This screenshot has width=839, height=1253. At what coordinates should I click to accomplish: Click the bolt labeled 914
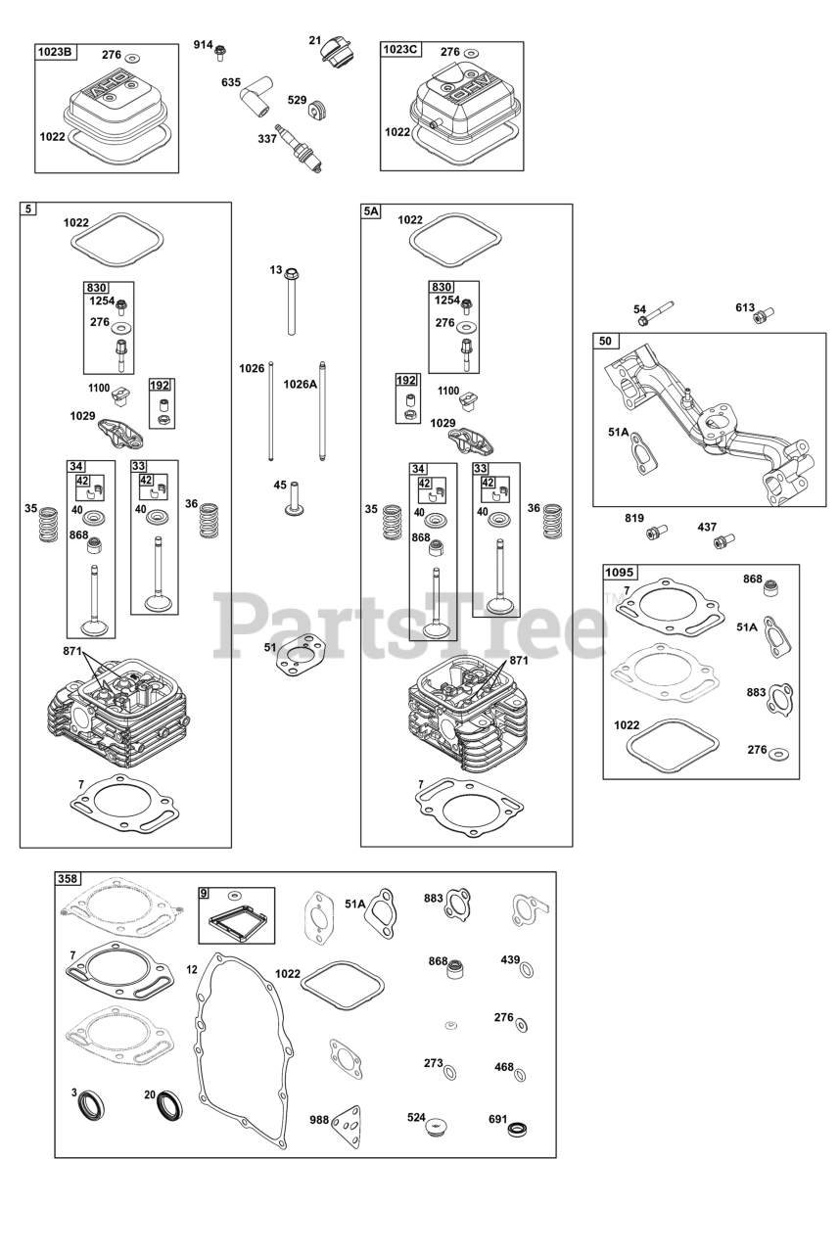pyautogui.click(x=222, y=48)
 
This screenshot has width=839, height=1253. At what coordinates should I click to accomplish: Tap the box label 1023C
pyautogui.click(x=400, y=51)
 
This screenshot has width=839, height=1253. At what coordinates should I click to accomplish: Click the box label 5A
pyautogui.click(x=371, y=211)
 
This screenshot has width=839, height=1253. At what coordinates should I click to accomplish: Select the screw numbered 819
pyautogui.click(x=654, y=533)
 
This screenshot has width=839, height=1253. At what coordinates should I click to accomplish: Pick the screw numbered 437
pyautogui.click(x=724, y=538)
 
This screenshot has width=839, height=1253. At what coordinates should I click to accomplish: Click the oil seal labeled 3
pyautogui.click(x=93, y=1106)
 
